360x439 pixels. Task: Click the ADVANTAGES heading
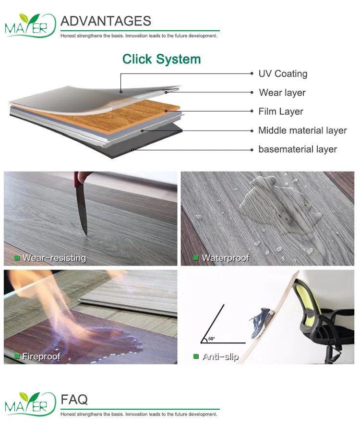[106, 21]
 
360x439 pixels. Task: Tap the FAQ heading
[74, 399]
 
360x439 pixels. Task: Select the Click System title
[161, 59]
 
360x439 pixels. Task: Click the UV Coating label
[283, 73]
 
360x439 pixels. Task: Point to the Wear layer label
[282, 93]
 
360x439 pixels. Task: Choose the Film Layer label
[281, 111]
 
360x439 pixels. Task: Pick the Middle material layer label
[302, 130]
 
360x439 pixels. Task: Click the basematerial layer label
[298, 149]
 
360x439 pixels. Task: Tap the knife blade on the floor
[82, 211]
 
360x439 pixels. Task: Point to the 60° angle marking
[212, 339]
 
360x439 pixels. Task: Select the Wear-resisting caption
[54, 258]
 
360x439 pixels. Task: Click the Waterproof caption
[225, 258]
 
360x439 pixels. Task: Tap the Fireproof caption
[41, 356]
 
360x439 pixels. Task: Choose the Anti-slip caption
[220, 356]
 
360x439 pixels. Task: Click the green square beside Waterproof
[196, 258]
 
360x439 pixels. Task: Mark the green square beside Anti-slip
[196, 356]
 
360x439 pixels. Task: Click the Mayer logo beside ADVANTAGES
[27, 25]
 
